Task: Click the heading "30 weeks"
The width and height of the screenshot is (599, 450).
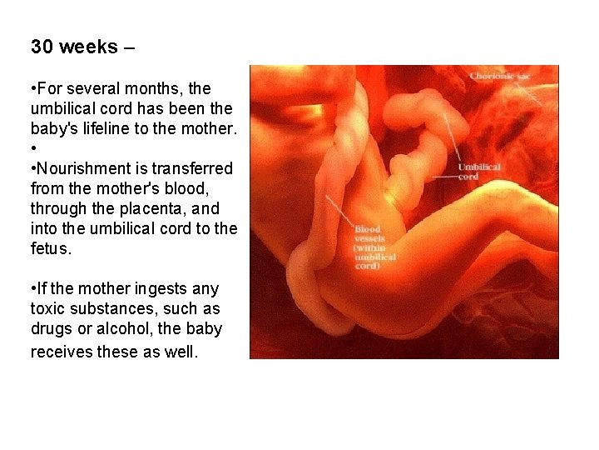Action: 74,47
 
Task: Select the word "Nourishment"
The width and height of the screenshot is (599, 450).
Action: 82,168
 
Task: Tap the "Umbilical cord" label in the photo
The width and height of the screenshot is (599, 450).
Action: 479,171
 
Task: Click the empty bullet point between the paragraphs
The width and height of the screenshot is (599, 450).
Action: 33,148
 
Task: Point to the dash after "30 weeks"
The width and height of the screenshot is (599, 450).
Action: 129,47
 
